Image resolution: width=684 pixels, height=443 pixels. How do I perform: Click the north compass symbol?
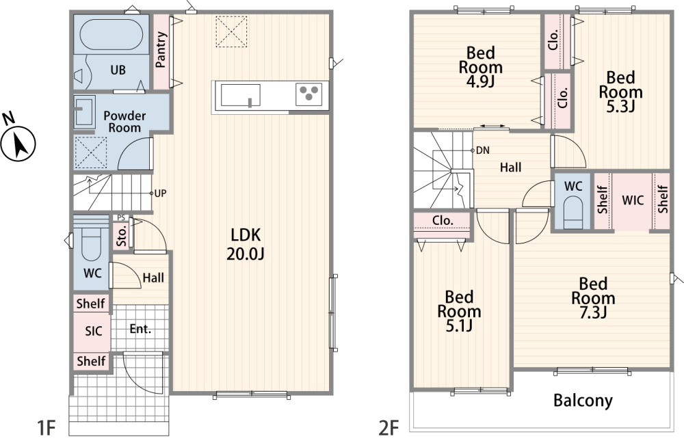coord(17,139)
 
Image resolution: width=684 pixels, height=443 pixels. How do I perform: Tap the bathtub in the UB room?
coord(111,34)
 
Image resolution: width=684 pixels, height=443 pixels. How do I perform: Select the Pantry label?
coord(161,49)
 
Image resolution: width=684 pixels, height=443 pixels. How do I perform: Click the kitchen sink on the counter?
coord(240,95)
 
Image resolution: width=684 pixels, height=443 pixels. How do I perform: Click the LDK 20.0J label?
coord(245,244)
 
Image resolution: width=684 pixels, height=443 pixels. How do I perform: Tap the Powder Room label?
coord(124,122)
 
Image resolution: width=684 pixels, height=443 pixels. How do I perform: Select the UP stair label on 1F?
coord(160,193)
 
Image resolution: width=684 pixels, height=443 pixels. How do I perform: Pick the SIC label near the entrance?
coord(93,331)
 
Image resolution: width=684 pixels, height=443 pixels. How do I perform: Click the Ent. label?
coord(140,329)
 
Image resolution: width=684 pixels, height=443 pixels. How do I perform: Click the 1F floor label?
coord(47,428)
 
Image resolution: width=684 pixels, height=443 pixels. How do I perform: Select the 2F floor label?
coord(389,428)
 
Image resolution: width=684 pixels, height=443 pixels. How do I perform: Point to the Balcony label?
coord(583,400)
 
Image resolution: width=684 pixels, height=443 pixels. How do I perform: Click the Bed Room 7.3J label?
coord(593,298)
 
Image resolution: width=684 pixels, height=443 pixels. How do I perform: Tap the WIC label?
coord(633,200)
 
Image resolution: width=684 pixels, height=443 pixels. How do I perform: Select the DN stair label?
coord(482,150)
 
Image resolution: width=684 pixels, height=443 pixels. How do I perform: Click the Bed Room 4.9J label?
coord(481,68)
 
